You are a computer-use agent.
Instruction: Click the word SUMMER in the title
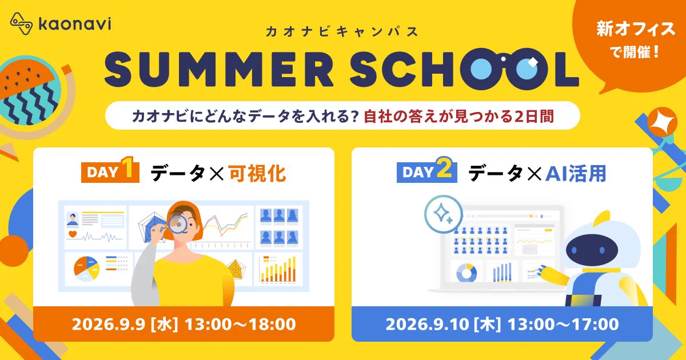coord(218,70)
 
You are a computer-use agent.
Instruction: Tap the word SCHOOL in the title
coord(464,69)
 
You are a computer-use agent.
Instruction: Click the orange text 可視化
coord(257,173)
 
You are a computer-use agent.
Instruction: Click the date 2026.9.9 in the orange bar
coord(109,324)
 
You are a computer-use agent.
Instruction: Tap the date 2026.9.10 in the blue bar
coord(427,325)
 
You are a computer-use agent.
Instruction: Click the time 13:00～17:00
coord(563,325)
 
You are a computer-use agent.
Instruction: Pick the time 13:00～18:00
coord(240,324)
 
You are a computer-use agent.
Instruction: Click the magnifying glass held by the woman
coord(177,225)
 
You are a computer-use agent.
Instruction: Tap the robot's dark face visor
coord(588,250)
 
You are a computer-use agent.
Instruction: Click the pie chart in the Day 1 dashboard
coord(87,269)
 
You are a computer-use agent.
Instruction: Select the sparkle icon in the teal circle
coord(443,214)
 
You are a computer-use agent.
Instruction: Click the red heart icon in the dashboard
coord(72,234)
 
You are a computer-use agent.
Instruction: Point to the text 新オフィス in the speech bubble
coord(636,29)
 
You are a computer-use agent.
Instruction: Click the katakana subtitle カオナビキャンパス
coord(342,31)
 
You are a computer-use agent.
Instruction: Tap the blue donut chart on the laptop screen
coord(466,273)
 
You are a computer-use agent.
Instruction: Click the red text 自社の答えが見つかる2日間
coord(458,117)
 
